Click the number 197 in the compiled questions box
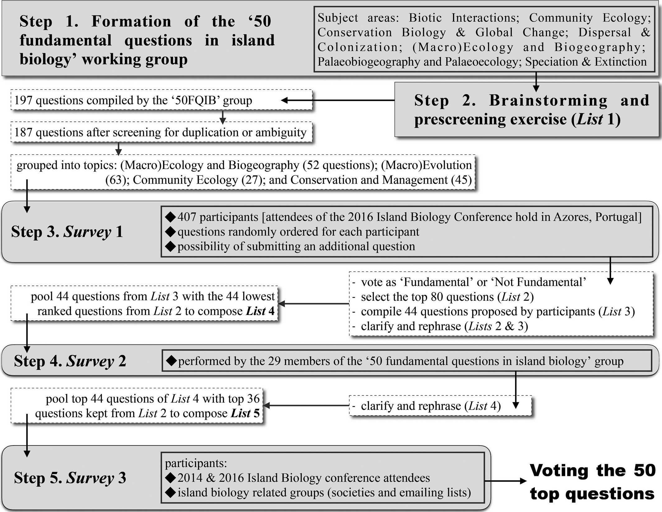click(24, 100)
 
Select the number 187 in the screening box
click(24, 132)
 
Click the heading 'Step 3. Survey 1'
click(67, 232)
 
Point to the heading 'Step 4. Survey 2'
click(70, 361)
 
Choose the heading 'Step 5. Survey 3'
click(70, 478)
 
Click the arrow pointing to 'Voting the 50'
click(506, 481)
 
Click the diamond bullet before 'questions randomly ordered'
click(170, 232)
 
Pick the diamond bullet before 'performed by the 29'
click(171, 361)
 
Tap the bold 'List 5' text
click(245, 414)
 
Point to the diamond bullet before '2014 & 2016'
click(170, 478)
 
